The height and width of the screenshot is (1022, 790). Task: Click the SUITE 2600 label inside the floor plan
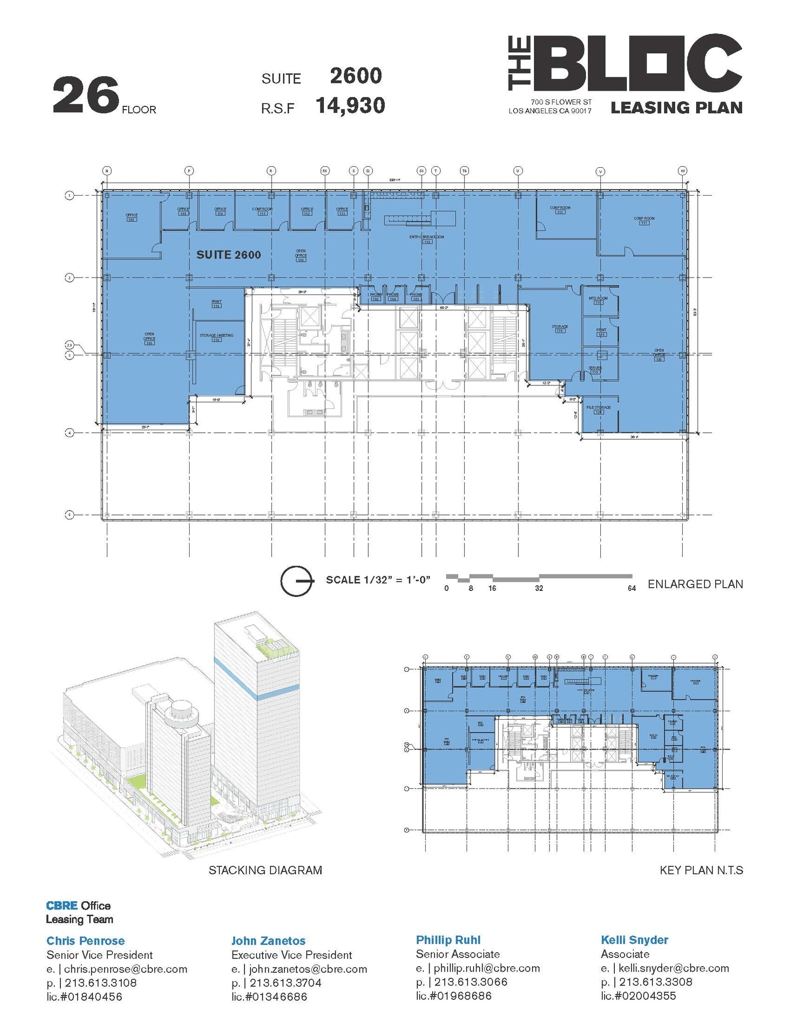point(229,255)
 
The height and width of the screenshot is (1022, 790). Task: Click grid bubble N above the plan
point(107,171)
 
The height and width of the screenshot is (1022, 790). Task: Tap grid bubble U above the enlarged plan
point(518,171)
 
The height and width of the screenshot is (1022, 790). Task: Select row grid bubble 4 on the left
point(70,433)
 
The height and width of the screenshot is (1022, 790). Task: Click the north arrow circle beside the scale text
point(296,581)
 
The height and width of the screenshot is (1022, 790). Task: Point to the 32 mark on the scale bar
point(539,588)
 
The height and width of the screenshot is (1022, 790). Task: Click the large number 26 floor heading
point(86,95)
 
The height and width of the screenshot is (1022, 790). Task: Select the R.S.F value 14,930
point(350,106)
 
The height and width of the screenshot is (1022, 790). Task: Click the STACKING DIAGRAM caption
point(265,870)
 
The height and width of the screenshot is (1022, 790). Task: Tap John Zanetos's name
point(268,941)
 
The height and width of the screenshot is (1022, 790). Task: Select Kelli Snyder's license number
point(638,996)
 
